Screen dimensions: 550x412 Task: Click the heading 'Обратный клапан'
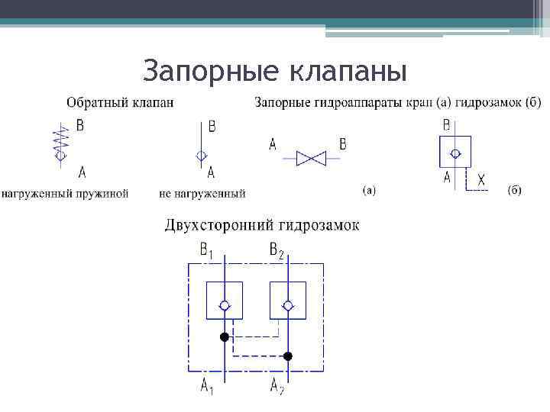point(119,102)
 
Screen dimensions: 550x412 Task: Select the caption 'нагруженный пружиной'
point(65,194)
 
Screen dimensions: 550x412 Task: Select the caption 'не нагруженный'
point(202,194)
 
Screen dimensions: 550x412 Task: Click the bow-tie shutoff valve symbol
point(310,158)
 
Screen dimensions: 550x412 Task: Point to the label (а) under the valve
point(367,190)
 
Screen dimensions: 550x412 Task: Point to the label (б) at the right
point(513,190)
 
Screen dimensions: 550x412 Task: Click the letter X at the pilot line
point(480,180)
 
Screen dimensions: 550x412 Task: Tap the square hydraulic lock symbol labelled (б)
point(455,151)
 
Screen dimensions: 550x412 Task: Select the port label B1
point(207,249)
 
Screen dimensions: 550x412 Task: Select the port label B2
point(277,249)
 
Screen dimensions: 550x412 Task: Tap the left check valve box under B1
point(224,301)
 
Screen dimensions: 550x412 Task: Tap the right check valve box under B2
point(288,301)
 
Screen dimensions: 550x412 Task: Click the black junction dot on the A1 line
point(224,336)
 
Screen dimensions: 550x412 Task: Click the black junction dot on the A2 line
point(288,356)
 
